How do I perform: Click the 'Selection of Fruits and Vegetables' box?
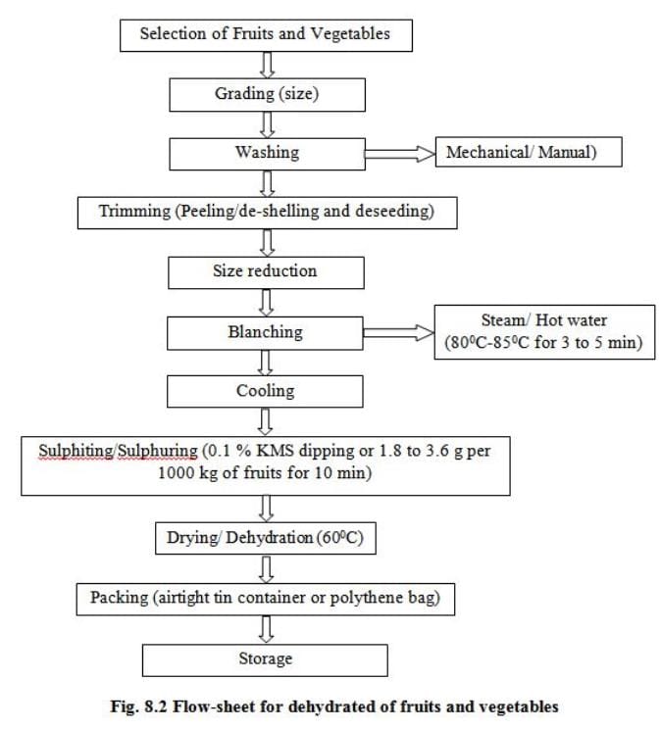point(265,34)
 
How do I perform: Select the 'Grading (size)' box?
point(267,94)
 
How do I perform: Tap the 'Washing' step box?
point(267,153)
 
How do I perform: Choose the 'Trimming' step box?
point(267,212)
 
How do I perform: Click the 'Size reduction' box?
point(267,270)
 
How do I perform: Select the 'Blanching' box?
point(267,332)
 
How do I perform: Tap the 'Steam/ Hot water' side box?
point(545,332)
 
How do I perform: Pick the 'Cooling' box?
point(267,391)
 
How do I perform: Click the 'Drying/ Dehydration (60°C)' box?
point(267,537)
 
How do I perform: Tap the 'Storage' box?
point(265,658)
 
